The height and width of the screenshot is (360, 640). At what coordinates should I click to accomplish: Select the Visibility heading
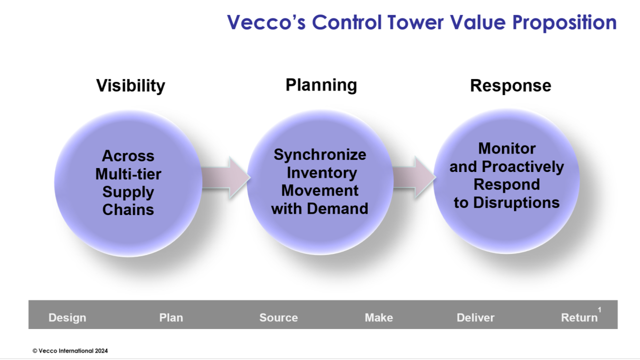coord(131,85)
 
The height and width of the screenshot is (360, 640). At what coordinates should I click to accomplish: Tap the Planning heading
coord(321,85)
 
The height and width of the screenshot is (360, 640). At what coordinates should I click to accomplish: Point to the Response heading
coord(510,85)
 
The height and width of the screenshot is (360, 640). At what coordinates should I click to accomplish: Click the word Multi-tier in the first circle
coord(128,174)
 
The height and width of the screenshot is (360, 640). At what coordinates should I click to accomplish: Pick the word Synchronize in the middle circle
coord(320,154)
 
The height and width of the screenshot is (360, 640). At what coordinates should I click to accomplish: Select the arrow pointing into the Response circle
coord(414,176)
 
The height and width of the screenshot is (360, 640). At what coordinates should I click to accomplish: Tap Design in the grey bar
coord(67,317)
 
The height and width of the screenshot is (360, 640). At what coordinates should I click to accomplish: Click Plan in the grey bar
coord(171,317)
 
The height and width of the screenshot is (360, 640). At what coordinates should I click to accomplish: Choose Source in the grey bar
coord(278,317)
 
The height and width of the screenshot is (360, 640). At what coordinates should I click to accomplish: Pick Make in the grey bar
coord(379,317)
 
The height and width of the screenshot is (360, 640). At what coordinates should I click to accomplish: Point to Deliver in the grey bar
coord(475,317)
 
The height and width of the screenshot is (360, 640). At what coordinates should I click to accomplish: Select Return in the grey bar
coord(579,317)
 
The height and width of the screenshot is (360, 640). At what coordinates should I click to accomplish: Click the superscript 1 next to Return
coord(599,310)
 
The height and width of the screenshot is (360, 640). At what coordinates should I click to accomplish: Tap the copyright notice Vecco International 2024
coord(70,350)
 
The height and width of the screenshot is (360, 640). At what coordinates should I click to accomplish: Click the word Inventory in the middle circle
coord(321,172)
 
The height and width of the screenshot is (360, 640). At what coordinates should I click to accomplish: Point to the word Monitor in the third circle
coord(507,148)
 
